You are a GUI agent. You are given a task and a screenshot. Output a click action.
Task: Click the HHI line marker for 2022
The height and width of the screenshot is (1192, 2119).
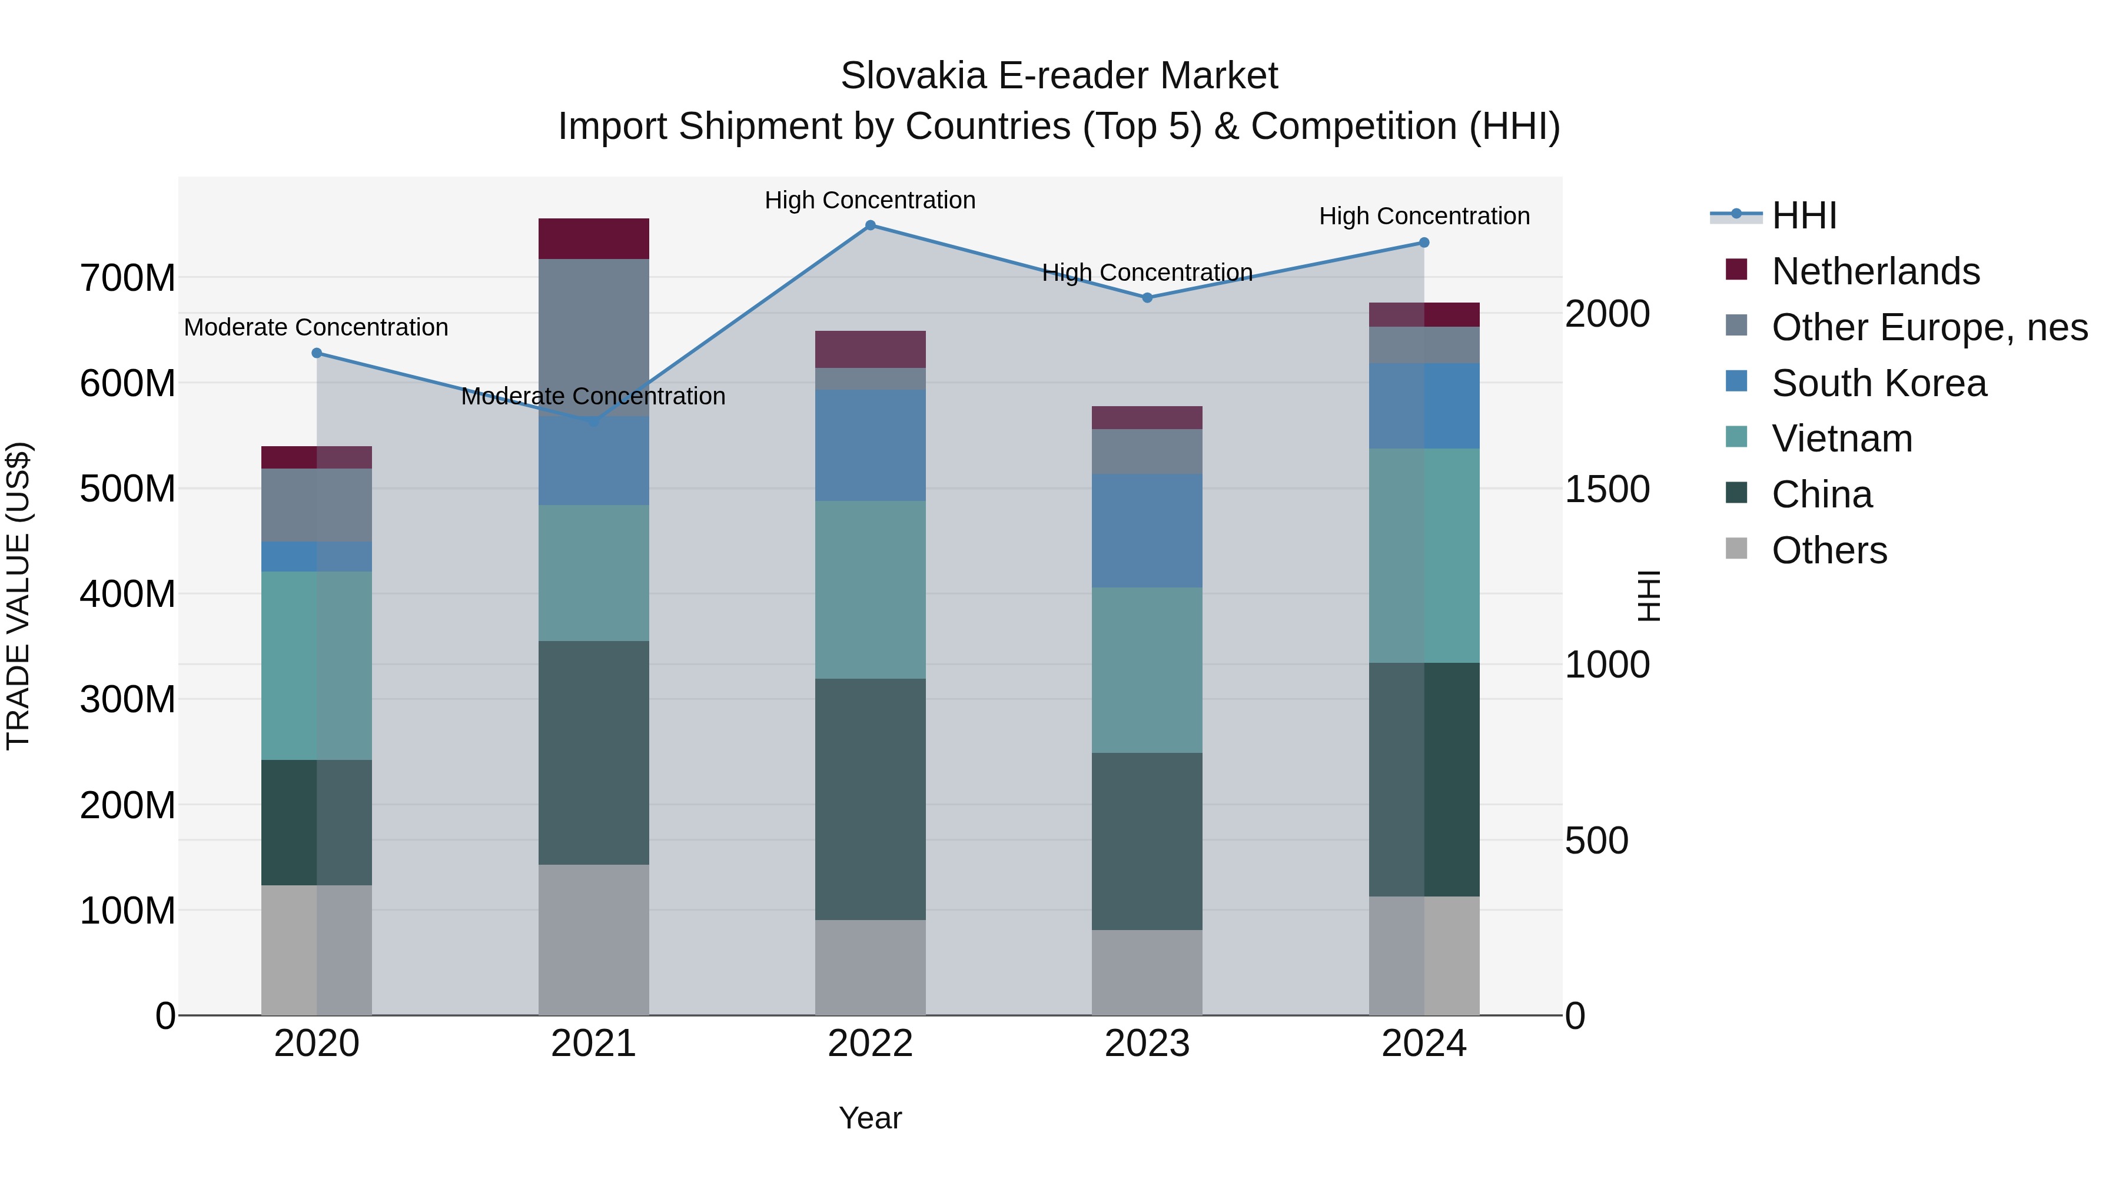pos(871,225)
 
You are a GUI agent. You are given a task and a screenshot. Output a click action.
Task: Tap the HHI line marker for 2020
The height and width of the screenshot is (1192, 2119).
pos(317,353)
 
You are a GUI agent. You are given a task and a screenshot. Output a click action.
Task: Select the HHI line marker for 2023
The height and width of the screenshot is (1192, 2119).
pos(1148,298)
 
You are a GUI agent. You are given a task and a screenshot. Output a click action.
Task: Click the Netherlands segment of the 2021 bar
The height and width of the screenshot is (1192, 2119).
pos(593,238)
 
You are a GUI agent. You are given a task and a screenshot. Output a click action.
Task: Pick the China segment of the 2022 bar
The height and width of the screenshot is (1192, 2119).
pos(871,799)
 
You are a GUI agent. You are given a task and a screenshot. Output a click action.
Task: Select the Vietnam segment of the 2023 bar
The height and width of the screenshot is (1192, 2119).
pos(1148,670)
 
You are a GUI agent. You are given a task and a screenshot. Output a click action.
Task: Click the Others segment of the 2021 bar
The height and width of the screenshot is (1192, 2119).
pos(593,939)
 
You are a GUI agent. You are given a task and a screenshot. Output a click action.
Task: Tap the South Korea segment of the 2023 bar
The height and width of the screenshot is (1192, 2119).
pos(1148,530)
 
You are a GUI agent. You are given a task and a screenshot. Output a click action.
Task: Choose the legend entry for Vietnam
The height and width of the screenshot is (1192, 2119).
pos(1842,439)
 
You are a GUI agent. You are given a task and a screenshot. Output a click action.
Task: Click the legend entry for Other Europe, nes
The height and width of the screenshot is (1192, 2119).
pos(1929,327)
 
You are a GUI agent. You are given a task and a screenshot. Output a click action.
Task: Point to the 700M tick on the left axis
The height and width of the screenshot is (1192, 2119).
pos(128,278)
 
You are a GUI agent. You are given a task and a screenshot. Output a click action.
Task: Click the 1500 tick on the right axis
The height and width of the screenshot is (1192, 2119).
pos(1606,490)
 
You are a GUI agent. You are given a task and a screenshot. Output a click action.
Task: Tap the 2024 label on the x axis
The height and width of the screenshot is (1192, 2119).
pos(1424,1044)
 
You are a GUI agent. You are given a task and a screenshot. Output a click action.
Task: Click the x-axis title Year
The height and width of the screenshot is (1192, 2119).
pos(871,1118)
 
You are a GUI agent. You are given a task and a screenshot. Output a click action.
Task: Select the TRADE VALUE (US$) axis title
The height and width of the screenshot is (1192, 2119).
pos(18,596)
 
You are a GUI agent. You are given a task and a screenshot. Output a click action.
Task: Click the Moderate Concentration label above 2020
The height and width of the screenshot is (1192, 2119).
pos(316,327)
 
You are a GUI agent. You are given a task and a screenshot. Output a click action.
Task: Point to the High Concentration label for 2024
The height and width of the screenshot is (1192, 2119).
pos(1424,217)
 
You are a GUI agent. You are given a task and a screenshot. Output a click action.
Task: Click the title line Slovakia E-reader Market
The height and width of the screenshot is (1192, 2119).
pos(1059,76)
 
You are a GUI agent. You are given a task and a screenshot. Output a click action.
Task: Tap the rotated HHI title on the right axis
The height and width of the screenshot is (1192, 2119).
pos(1649,596)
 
